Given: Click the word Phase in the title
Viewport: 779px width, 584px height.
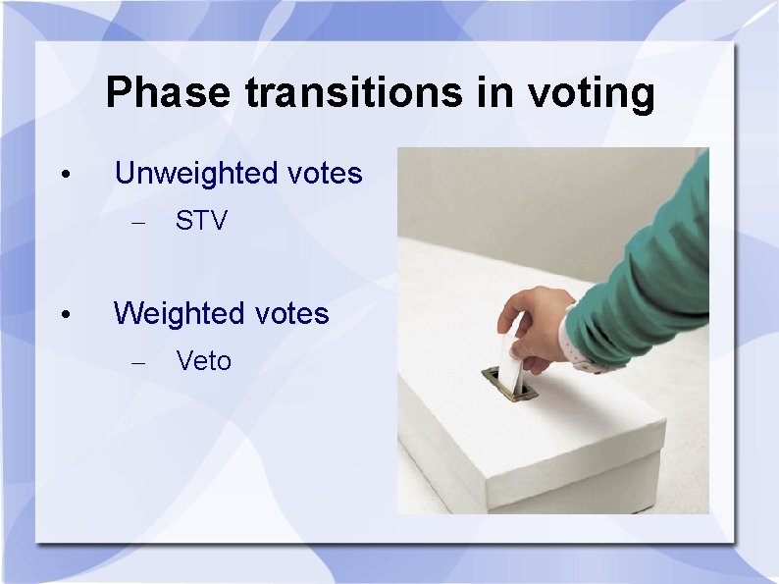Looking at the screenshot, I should click(x=168, y=93).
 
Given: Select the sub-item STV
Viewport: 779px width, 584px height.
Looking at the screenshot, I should click(x=201, y=222).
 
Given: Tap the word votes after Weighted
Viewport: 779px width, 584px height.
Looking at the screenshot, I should click(x=291, y=314).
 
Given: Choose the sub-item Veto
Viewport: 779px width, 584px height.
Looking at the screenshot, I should click(x=204, y=362).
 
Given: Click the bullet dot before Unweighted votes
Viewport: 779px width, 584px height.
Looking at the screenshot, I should click(x=64, y=176).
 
